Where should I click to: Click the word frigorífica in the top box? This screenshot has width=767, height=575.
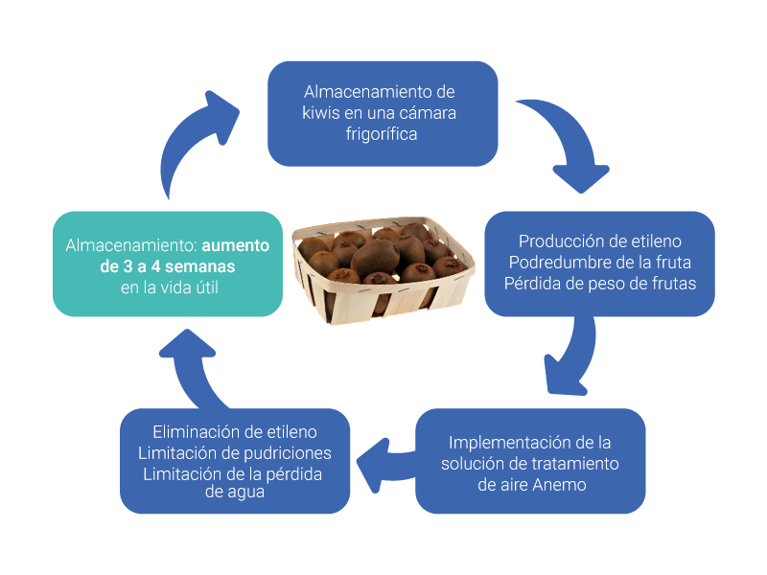click(x=382, y=134)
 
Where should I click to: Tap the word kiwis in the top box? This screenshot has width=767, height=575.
click(x=321, y=113)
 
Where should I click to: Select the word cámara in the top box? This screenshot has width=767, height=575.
click(x=428, y=113)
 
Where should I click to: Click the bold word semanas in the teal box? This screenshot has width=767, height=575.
click(x=199, y=267)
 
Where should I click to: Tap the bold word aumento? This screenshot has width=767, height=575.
click(x=235, y=245)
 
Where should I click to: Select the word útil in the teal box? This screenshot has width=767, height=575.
click(x=206, y=287)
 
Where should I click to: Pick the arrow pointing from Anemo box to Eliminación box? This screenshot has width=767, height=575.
click(x=385, y=465)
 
